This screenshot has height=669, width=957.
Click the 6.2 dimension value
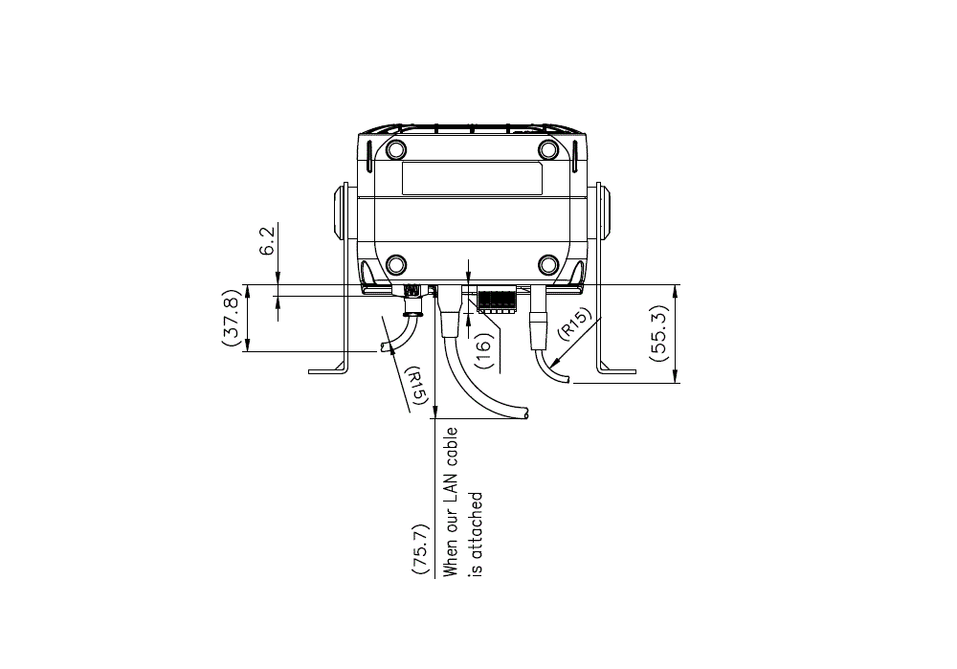267,239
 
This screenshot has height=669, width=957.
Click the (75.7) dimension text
420,548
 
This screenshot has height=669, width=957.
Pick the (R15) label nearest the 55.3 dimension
574,323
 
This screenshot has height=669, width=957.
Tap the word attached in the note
476,525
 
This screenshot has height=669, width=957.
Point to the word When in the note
451,556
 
